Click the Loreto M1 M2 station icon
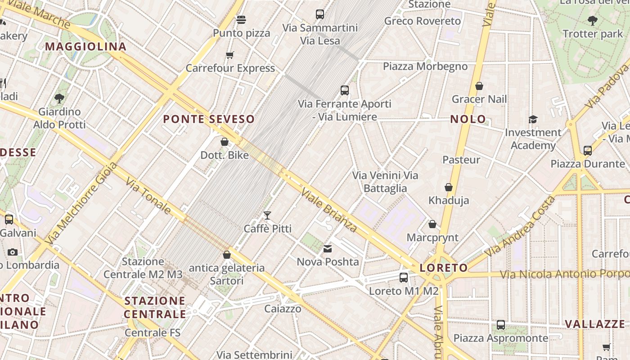click(404, 278)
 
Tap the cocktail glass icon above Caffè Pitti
click(267, 216)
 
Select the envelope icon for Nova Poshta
click(328, 248)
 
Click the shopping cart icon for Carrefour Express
click(230, 55)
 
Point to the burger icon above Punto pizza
click(241, 20)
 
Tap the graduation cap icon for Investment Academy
click(533, 119)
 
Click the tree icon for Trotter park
click(592, 20)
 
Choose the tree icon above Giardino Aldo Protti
click(59, 98)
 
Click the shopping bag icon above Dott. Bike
click(225, 142)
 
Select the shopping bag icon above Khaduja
click(449, 187)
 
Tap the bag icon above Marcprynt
click(432, 224)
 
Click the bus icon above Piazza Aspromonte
click(501, 325)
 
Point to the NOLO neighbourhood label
click(468, 119)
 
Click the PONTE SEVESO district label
click(209, 119)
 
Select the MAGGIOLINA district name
click(85, 47)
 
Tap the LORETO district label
click(444, 268)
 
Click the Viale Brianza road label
click(329, 210)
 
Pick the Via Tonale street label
click(148, 196)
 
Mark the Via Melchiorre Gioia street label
click(81, 203)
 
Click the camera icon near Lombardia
click(13, 252)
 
